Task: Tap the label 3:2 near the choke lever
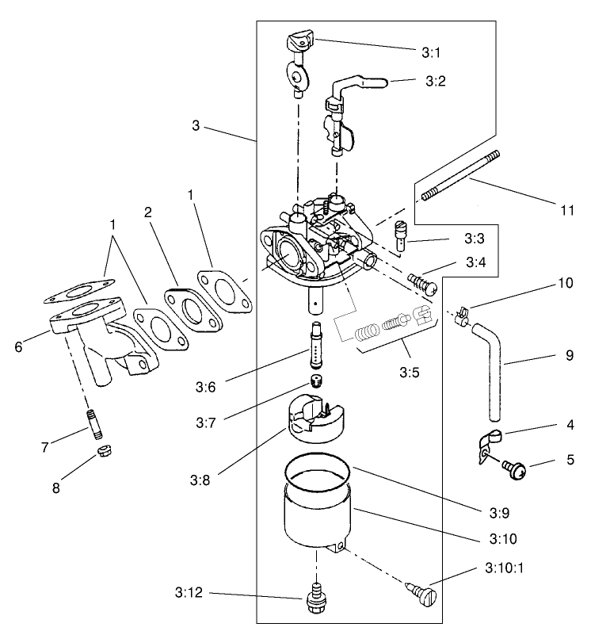pos(437,81)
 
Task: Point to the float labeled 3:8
pos(315,420)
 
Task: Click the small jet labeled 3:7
pos(317,383)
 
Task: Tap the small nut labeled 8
pos(102,453)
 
